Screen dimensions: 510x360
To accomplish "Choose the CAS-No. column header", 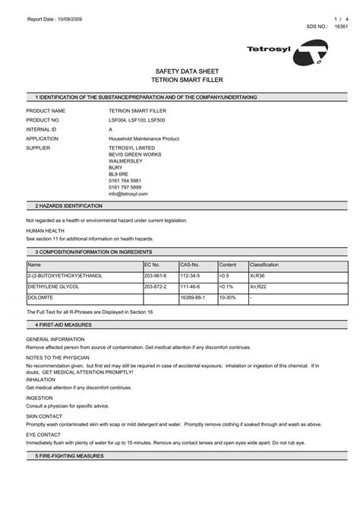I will pos(189,265).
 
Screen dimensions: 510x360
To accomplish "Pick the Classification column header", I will pos(264,265).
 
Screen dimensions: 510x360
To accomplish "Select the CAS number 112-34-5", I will pos(189,275).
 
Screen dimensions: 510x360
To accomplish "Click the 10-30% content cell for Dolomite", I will pos(228,298).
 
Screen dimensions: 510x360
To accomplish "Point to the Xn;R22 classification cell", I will pos(259,287).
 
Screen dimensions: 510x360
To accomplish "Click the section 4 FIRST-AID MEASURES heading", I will pos(63,324).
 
